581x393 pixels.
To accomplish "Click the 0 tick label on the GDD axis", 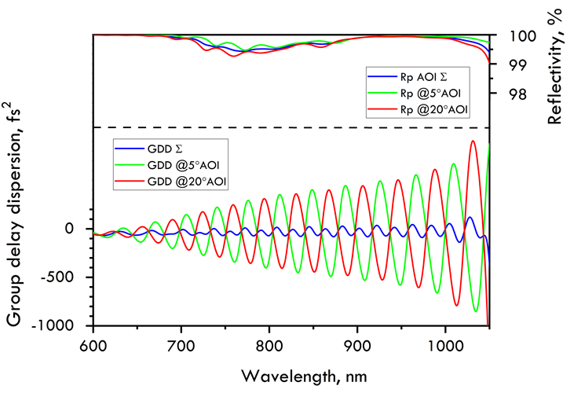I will [70, 229].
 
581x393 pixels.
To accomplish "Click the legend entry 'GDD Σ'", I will [164, 148].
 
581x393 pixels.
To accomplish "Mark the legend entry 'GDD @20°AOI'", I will [190, 182].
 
